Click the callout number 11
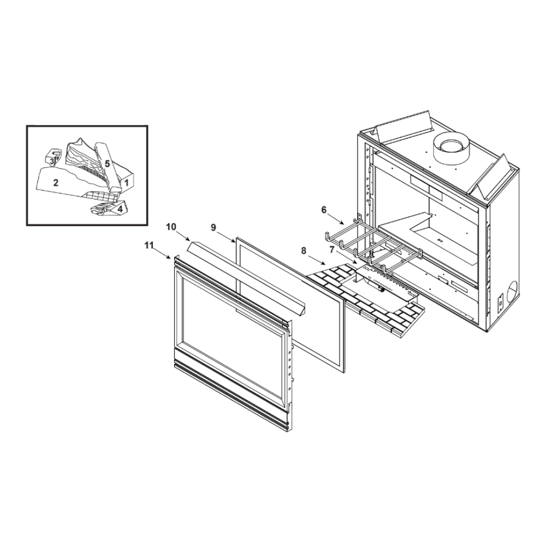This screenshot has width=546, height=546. (149, 246)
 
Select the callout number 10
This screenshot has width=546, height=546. (171, 227)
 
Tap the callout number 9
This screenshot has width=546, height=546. (213, 227)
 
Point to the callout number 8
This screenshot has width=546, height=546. (304, 251)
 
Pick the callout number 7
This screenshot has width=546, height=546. (331, 250)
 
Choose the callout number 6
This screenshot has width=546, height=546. (324, 210)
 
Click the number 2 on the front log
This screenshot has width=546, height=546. (56, 182)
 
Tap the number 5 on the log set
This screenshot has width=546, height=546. (107, 164)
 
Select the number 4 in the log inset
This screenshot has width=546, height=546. (120, 209)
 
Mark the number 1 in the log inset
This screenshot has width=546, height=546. (127, 182)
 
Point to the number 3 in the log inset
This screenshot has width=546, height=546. (51, 161)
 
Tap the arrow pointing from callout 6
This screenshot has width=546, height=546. (337, 218)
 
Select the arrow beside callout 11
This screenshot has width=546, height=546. (162, 253)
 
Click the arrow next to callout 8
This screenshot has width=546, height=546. (317, 259)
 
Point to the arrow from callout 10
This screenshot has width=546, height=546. (183, 235)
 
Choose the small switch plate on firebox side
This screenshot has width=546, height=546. (500, 302)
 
